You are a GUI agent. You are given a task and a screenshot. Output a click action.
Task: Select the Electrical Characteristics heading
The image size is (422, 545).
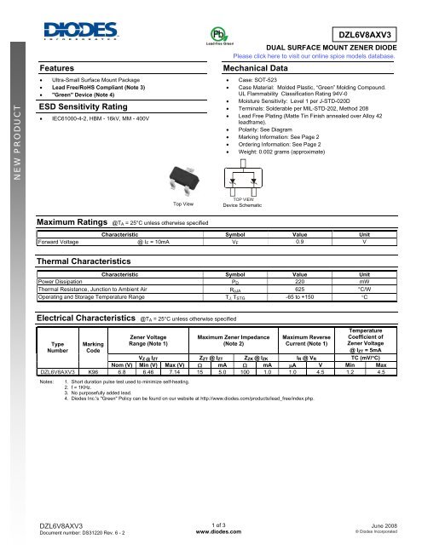(x=84, y=317)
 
